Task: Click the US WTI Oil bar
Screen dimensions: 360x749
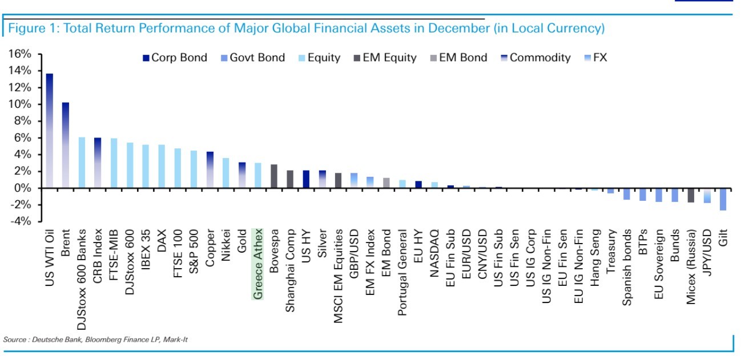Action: [x=50, y=131]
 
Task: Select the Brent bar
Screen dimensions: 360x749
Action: [x=66, y=145]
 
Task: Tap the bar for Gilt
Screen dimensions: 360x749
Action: [x=723, y=199]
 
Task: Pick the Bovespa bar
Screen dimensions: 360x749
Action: [x=274, y=176]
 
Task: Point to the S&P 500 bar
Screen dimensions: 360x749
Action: [x=194, y=169]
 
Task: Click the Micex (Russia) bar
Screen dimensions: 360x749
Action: [x=691, y=195]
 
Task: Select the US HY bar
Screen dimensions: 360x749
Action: [x=306, y=179]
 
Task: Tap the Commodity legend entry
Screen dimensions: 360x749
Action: [x=534, y=58]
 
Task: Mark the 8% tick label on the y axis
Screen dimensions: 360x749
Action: [x=22, y=121]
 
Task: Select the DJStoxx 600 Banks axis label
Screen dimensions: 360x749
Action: [x=82, y=274]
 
